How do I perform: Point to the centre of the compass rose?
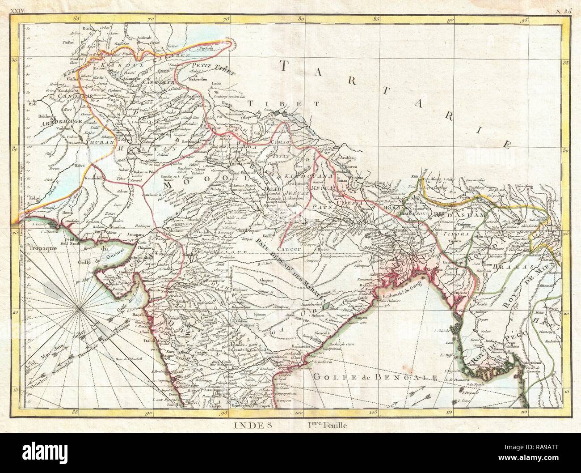click(79, 308)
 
